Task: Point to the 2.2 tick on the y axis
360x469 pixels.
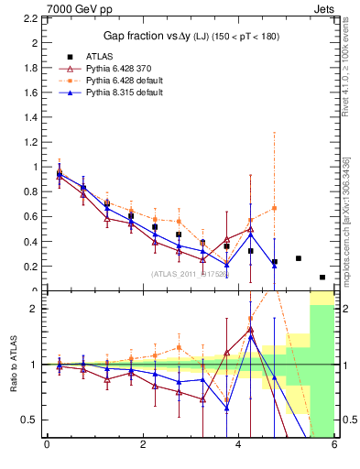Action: pyautogui.click(x=27, y=16)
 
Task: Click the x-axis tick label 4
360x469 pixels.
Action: pyautogui.click(x=239, y=447)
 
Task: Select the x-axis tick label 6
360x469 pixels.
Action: pyautogui.click(x=334, y=447)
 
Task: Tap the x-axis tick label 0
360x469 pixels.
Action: pyautogui.click(x=47, y=447)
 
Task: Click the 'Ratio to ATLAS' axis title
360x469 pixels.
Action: pyautogui.click(x=12, y=364)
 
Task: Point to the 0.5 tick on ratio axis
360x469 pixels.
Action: pyautogui.click(x=27, y=420)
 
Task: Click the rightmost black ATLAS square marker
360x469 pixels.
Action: pyautogui.click(x=322, y=278)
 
